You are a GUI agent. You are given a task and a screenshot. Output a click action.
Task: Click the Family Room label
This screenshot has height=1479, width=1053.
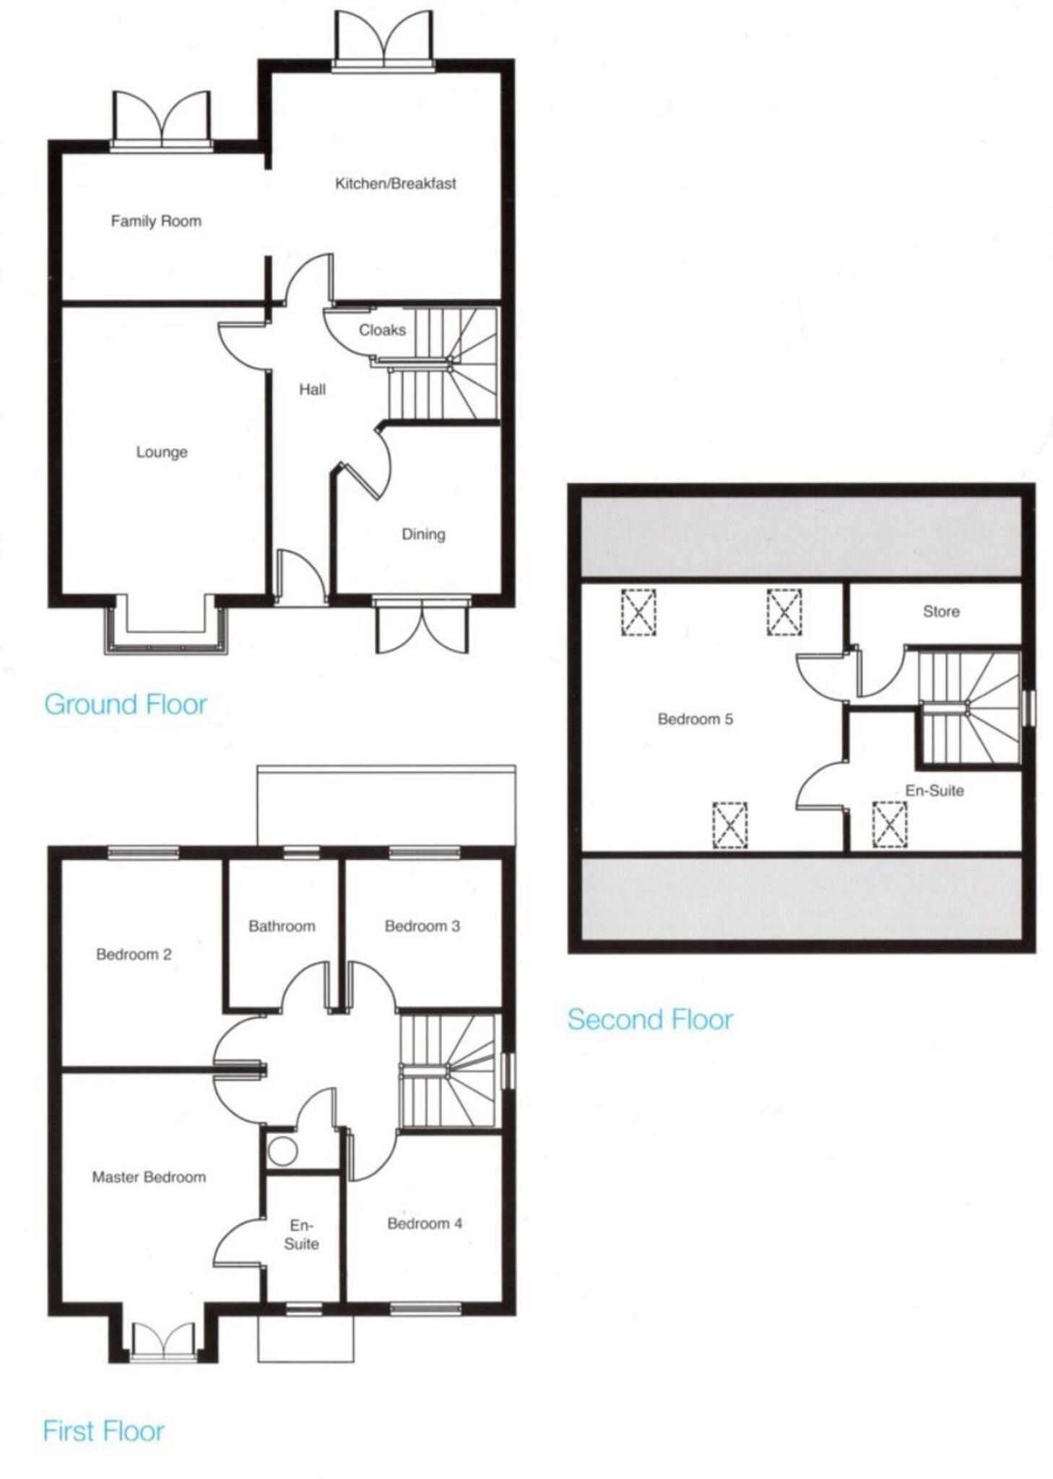156,221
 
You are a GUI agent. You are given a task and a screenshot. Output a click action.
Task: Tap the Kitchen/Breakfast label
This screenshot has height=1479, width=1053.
395,183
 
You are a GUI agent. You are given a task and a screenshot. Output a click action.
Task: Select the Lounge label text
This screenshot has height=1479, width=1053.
162,452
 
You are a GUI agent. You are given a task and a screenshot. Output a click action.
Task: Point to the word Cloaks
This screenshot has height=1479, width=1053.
382,330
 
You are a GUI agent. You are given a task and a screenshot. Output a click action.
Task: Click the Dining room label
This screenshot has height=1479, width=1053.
423,534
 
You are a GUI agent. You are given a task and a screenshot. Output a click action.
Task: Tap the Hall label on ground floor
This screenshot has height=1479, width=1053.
312,390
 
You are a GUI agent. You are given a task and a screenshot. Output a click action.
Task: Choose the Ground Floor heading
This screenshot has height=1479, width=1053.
126,704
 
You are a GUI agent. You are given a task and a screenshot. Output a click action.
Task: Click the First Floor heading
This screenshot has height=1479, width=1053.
104,1431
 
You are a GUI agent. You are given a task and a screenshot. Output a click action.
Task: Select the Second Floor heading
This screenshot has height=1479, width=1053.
650,1019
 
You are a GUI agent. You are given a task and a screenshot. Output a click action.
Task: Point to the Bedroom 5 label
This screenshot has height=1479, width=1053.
695,719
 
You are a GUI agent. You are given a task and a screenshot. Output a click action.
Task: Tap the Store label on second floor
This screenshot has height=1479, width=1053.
941,612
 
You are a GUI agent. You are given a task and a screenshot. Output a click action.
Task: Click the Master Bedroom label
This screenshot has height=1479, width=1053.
149,1177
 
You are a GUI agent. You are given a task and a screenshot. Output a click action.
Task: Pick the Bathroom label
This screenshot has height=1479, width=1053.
282,926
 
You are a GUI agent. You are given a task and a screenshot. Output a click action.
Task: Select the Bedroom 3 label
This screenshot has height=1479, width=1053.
422,926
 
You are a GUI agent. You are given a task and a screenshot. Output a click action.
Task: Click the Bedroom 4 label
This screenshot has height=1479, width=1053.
425,1223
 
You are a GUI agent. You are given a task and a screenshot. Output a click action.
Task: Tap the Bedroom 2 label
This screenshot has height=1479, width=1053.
134,955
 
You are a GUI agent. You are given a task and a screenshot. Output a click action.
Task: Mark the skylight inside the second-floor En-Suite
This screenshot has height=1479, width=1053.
889,824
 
